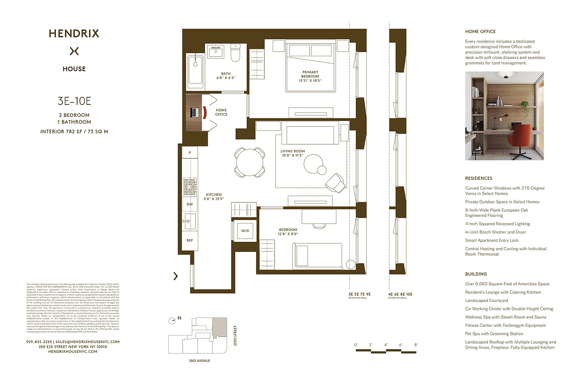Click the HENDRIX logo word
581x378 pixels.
[74, 34]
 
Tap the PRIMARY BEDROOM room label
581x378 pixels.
[310, 74]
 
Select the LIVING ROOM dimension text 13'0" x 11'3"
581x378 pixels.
[292, 155]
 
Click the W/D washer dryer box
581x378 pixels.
[245, 231]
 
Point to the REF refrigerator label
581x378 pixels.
[189, 241]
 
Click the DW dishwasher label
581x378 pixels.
[189, 204]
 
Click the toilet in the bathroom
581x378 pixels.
[235, 54]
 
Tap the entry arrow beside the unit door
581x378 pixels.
[176, 276]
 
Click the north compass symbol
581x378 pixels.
[173, 320]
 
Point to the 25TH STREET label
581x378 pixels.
[235, 335]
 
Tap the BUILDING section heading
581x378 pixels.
[475, 274]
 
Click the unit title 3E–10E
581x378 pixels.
[74, 100]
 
